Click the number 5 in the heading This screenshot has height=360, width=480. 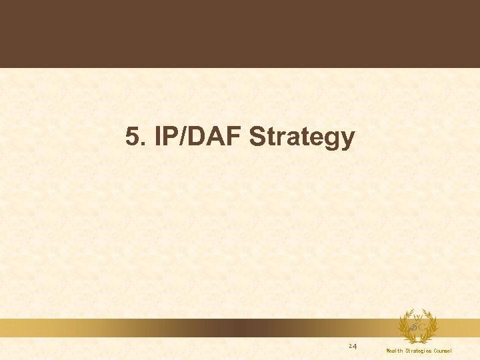(131, 138)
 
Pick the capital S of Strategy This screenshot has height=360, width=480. (257, 138)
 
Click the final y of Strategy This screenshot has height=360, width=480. (348, 140)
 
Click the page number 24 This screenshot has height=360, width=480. (353, 347)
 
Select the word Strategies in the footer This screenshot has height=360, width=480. (418, 351)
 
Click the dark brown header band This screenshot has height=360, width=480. (240, 33)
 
